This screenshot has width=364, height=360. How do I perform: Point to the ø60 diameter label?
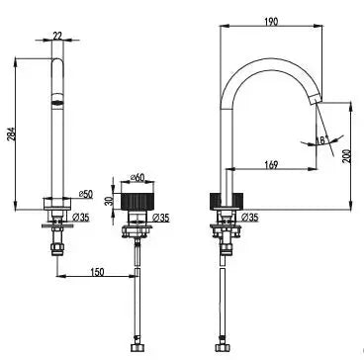[x=138, y=178]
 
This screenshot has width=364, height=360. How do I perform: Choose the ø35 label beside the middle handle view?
[x=163, y=214]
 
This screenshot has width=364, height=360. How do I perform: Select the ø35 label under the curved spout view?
[x=251, y=215]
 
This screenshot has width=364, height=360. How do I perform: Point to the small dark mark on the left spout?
[x=56, y=99]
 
